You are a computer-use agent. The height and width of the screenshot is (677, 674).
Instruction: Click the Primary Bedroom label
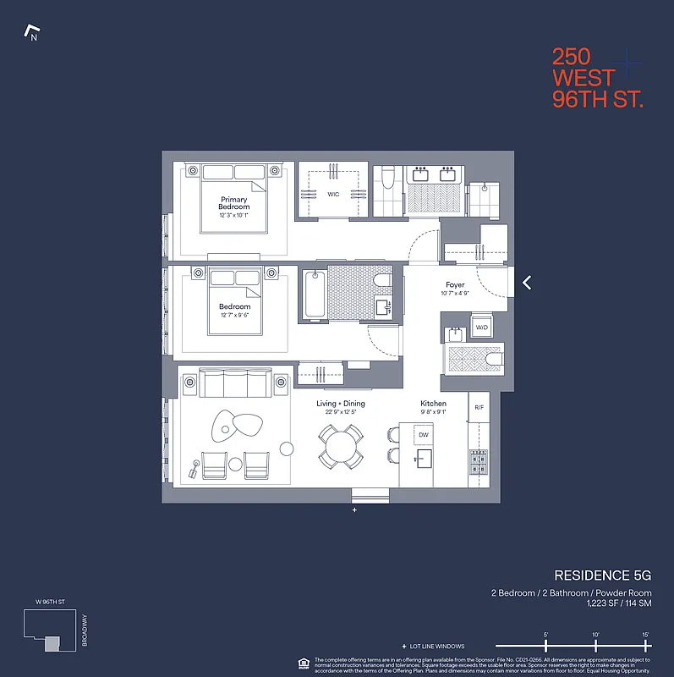click(x=234, y=203)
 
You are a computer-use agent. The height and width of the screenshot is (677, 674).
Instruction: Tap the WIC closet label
click(x=333, y=194)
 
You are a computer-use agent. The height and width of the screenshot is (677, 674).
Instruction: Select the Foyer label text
click(x=455, y=285)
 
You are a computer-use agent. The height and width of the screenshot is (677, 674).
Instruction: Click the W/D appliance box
click(x=481, y=327)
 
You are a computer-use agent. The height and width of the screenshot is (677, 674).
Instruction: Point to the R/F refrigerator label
click(x=479, y=407)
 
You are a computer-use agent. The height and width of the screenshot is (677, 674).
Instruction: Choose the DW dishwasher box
click(x=424, y=435)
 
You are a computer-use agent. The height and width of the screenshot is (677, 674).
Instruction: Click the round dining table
click(x=341, y=445)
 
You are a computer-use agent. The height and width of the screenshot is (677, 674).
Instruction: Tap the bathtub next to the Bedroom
click(x=315, y=294)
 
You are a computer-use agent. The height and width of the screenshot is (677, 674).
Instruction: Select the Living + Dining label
click(x=341, y=404)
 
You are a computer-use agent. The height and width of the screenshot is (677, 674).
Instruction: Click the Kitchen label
click(x=433, y=404)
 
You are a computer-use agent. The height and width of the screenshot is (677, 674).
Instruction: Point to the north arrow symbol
click(x=33, y=35)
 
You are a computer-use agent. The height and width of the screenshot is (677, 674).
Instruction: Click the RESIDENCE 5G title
click(x=602, y=575)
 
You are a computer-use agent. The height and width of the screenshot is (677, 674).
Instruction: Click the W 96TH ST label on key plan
click(x=50, y=602)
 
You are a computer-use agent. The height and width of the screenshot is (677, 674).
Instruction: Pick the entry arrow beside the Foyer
click(x=527, y=283)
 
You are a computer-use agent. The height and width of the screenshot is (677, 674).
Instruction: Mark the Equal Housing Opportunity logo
click(x=303, y=663)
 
